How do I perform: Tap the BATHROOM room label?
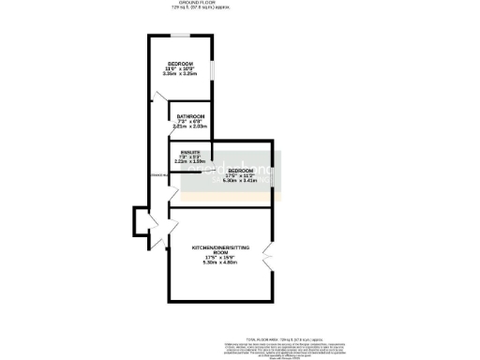coord(190,116)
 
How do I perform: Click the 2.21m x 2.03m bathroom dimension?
coord(190,127)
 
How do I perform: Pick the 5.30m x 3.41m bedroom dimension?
coord(240,180)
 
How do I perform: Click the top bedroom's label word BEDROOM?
coord(180,63)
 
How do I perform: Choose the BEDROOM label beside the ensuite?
coord(240,170)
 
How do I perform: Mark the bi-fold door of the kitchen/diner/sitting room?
coord(268,254)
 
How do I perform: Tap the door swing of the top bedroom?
coord(153,96)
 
